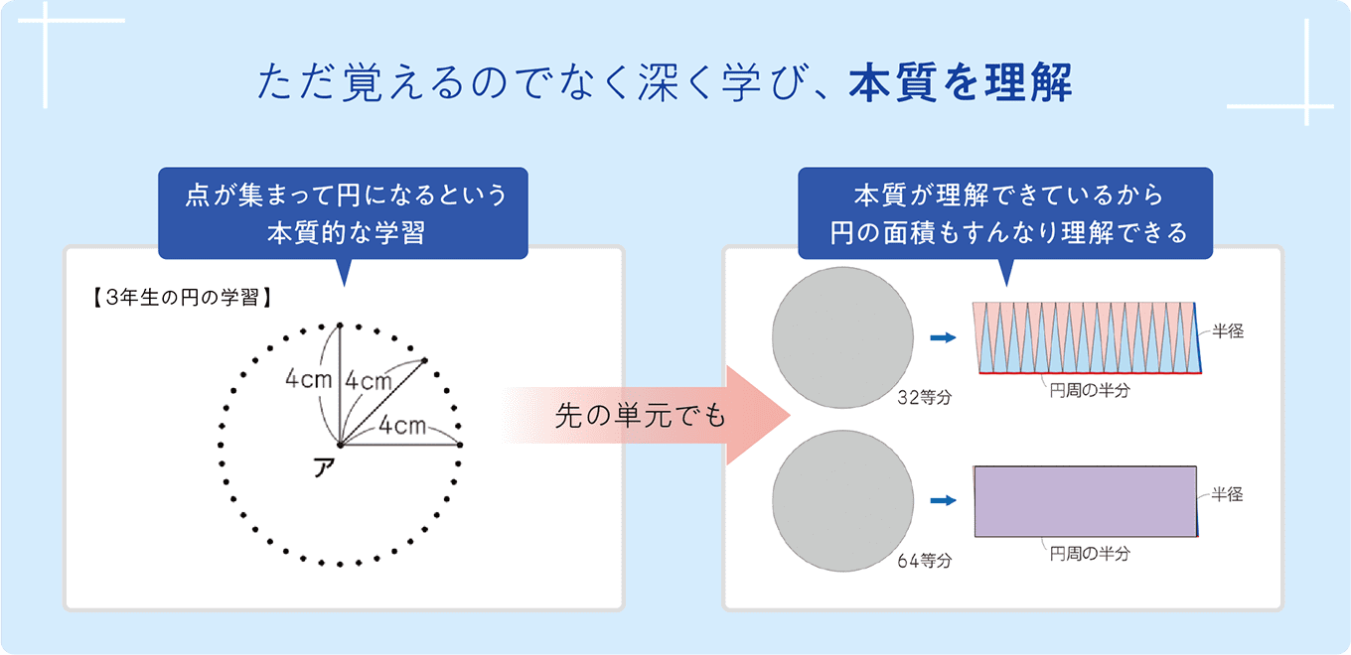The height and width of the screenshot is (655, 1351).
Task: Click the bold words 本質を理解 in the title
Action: (x=960, y=84)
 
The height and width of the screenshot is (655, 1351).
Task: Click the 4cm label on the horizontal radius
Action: (x=402, y=426)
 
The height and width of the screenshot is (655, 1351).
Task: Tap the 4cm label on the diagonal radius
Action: (x=370, y=380)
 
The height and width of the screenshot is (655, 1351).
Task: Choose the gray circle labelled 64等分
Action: (x=843, y=498)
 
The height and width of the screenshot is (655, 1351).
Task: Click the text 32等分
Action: (x=924, y=399)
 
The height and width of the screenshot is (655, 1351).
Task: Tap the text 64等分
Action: (x=924, y=561)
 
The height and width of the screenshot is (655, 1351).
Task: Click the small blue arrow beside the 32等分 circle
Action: (x=942, y=338)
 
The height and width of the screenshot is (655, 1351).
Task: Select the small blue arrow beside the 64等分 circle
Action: (x=942, y=500)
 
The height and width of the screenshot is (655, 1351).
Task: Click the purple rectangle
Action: (x=1085, y=501)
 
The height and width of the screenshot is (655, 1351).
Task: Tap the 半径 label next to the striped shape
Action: (x=1229, y=332)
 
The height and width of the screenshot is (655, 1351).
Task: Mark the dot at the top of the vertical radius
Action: (x=340, y=326)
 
